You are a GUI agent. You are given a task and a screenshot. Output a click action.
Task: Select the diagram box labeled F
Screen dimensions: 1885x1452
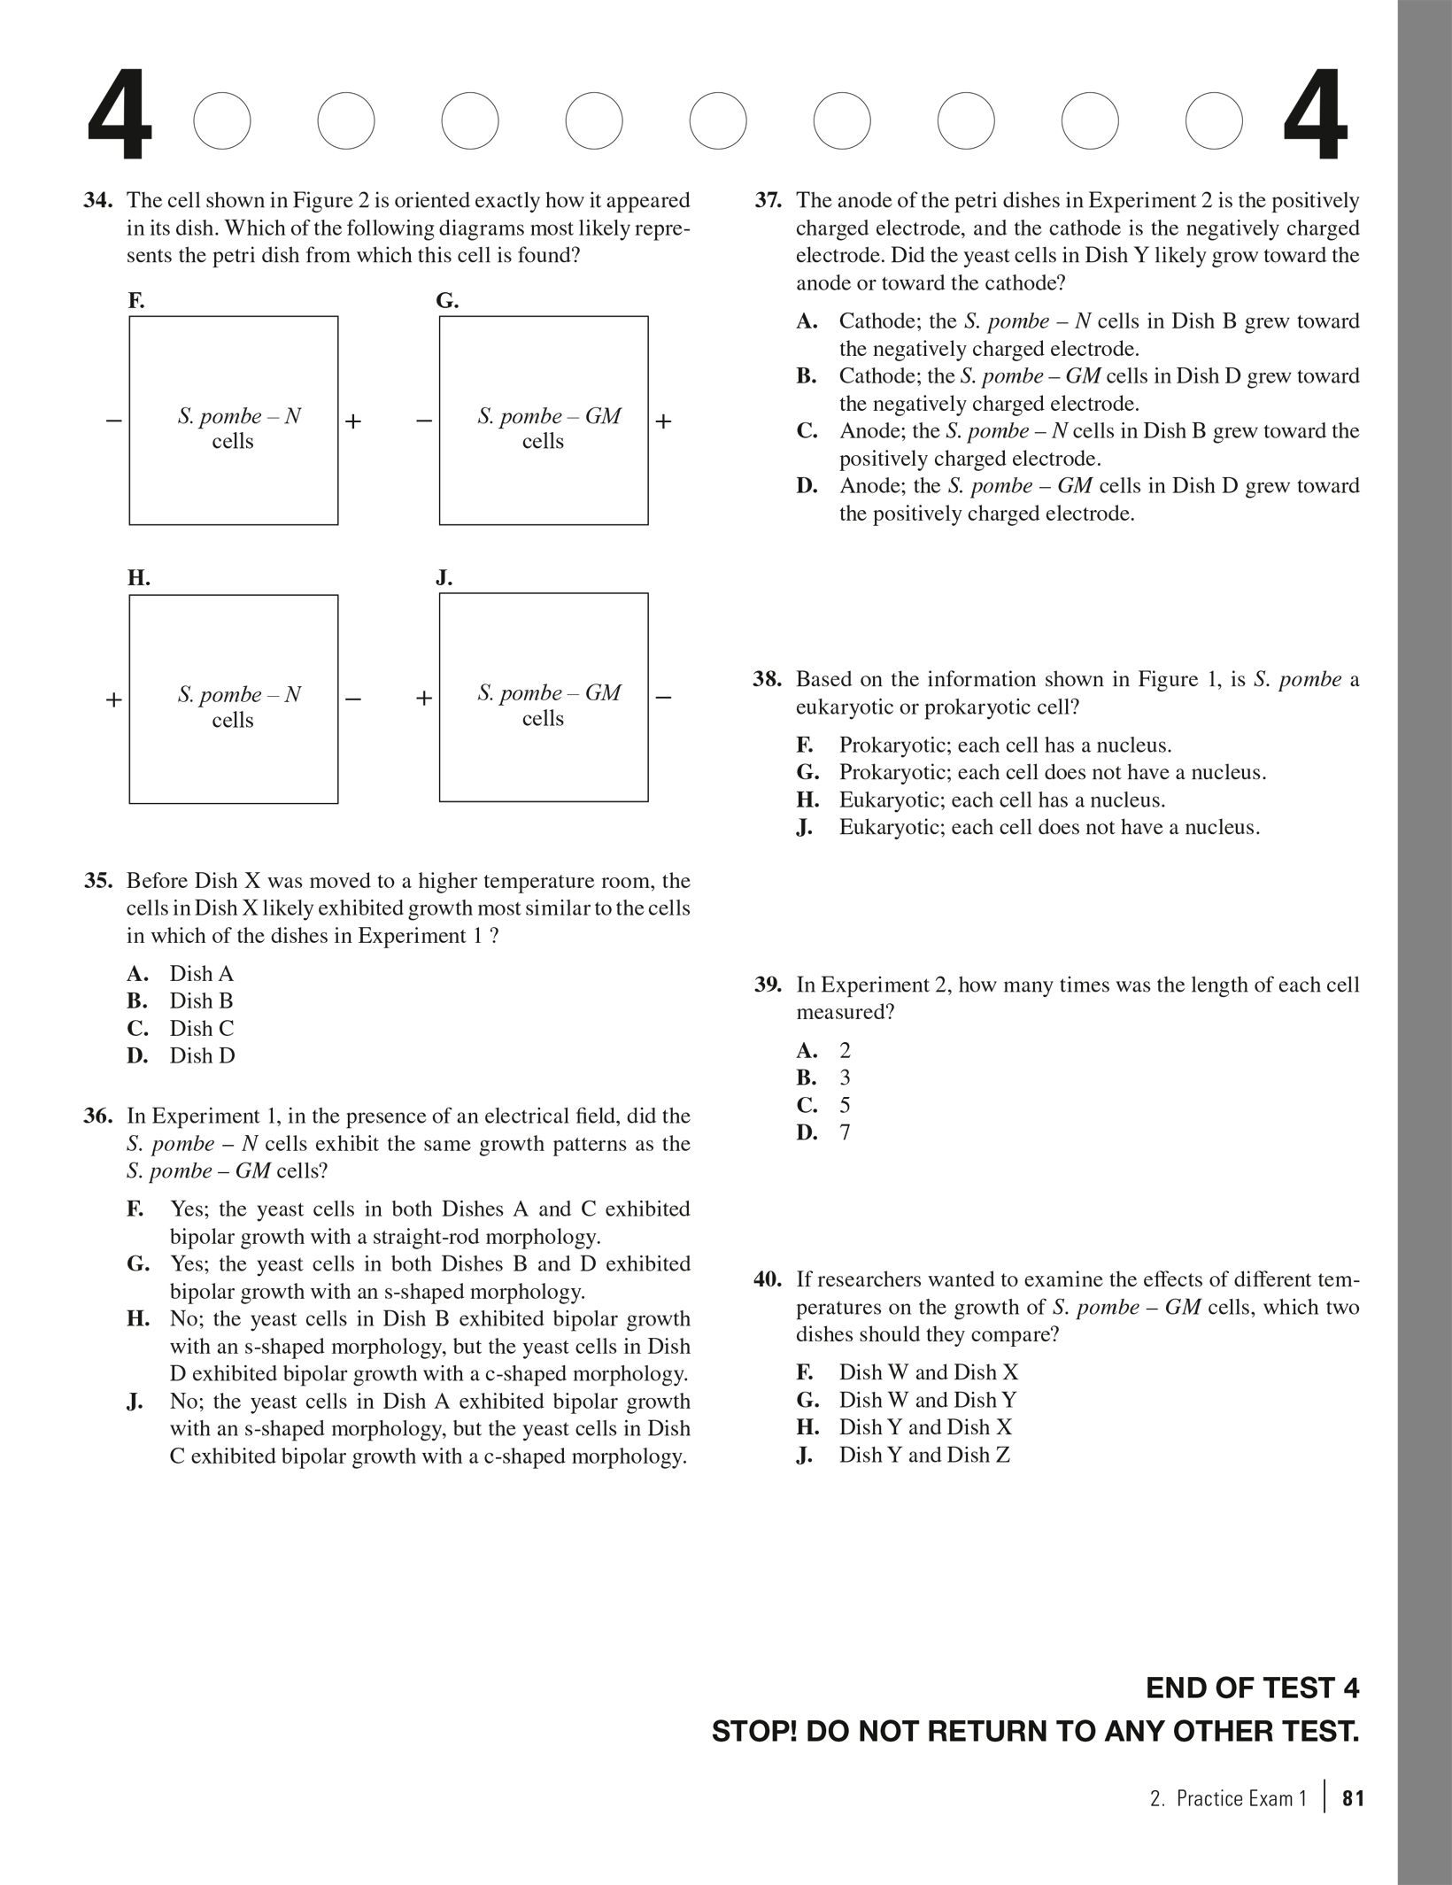[x=234, y=421]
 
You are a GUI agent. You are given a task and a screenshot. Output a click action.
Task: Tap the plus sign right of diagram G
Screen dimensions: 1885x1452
[x=663, y=421]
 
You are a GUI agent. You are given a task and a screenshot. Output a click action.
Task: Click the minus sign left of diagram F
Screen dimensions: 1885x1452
[x=113, y=421]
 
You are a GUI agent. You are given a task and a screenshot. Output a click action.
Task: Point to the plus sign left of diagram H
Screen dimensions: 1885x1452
[x=113, y=699]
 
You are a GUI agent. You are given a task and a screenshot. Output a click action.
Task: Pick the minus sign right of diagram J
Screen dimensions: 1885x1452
[x=663, y=698]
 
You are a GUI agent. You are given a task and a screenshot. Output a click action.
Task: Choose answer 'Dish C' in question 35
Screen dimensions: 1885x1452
[x=202, y=1029]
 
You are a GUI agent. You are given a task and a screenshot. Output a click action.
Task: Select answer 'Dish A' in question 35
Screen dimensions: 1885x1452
[x=202, y=974]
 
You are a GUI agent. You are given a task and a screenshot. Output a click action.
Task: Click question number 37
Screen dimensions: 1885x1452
[x=768, y=201]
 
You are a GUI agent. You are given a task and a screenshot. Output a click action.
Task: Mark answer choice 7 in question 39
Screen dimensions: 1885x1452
[x=845, y=1132]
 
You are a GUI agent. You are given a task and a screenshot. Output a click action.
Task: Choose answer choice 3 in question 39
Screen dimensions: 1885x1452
[x=845, y=1078]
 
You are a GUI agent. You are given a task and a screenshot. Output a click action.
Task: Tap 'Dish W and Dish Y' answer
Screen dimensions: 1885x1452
[x=928, y=1400]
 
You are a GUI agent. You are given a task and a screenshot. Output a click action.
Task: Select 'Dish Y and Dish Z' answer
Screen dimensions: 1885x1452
[x=924, y=1455]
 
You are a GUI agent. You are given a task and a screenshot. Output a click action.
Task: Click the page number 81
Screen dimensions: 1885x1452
[x=1354, y=1798]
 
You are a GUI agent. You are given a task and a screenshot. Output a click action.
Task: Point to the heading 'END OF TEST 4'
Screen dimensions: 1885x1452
[x=1252, y=1688]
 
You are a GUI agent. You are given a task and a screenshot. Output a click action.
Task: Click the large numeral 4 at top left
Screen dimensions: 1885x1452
[x=120, y=120]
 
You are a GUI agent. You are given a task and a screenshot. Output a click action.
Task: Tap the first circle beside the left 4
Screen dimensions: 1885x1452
[x=222, y=120]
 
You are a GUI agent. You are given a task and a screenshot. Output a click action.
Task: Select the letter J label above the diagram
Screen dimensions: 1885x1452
[x=444, y=579]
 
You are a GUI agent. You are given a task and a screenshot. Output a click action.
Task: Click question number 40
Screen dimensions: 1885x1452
[x=768, y=1279]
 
